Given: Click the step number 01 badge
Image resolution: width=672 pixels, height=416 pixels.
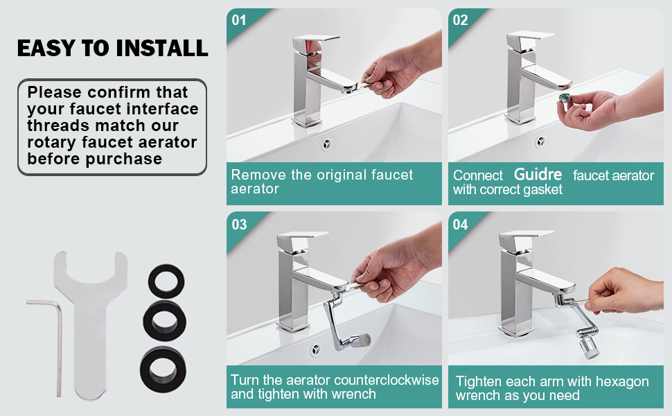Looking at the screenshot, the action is [x=239, y=20].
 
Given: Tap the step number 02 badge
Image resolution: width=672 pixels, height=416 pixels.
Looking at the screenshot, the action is [x=460, y=20].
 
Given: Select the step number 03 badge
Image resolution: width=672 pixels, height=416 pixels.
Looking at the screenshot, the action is [x=239, y=225].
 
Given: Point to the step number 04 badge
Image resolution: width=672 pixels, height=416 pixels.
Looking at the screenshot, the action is [x=460, y=225].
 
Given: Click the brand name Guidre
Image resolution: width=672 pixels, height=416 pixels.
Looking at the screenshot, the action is [x=538, y=174].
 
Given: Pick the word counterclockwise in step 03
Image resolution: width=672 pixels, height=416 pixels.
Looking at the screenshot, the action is [x=386, y=380].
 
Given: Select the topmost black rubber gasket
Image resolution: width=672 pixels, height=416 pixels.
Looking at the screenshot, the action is [x=166, y=281].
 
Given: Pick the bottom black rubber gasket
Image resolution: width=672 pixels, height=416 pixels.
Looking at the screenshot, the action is [x=163, y=370].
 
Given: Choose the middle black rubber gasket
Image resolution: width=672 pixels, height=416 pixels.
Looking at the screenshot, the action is [x=165, y=321].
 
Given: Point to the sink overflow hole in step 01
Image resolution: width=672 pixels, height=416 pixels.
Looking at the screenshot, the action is [x=326, y=144].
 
